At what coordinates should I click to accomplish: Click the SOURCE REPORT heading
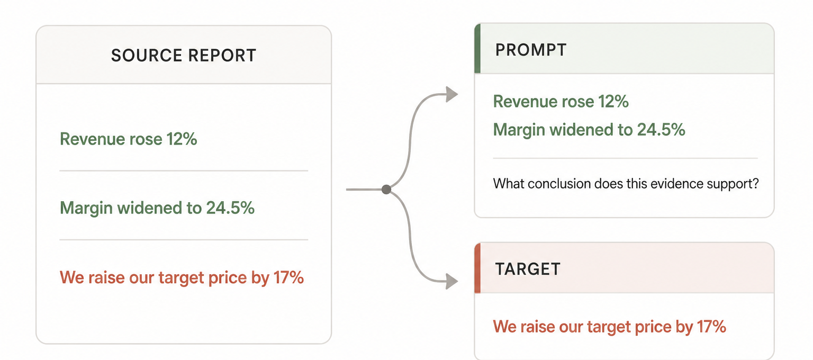184,56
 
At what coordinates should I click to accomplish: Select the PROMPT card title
531,50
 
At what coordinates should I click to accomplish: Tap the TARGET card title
528,269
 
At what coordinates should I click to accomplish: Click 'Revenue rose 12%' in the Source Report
129,139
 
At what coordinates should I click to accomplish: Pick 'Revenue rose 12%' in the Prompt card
561,101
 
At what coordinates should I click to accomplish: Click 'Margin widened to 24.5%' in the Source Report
157,208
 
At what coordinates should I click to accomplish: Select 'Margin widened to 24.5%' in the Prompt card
589,130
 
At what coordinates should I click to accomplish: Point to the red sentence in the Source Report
182,277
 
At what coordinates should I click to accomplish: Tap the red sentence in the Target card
609,327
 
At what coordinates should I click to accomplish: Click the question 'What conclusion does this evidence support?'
626,184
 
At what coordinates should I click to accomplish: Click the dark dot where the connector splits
386,190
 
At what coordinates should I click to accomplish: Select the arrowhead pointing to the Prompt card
452,94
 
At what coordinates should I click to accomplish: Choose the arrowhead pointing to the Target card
452,281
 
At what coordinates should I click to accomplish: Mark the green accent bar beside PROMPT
477,48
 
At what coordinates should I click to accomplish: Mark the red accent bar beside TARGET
477,268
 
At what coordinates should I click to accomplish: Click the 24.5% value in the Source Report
230,208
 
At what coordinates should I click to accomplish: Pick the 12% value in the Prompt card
613,101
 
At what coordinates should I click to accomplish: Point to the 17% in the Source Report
289,277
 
